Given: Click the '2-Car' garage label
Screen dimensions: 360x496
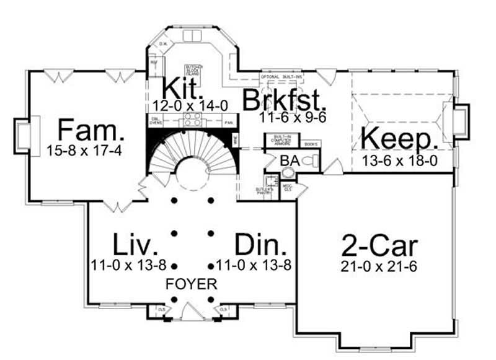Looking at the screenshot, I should (379, 247).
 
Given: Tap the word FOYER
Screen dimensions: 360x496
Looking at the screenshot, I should (191, 285).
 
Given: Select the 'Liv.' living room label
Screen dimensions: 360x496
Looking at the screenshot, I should (133, 244).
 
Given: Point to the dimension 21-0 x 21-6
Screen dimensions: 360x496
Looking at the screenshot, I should (379, 266).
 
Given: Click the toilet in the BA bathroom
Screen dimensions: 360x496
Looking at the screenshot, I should (312, 162).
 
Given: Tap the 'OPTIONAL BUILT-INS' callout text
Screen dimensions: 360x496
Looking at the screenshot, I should (281, 77).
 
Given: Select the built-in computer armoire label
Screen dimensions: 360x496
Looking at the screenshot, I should (278, 142).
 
